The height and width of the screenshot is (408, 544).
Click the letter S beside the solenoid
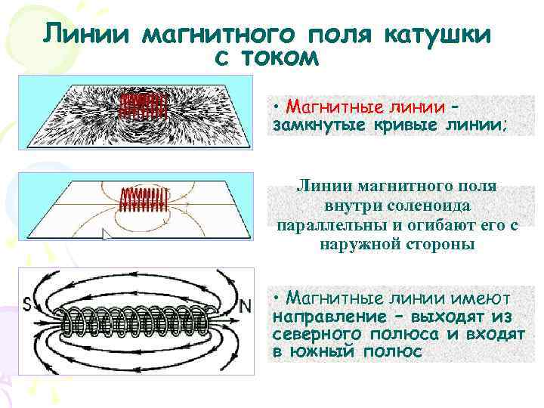click(27, 305)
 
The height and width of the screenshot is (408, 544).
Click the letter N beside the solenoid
click(245, 305)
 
